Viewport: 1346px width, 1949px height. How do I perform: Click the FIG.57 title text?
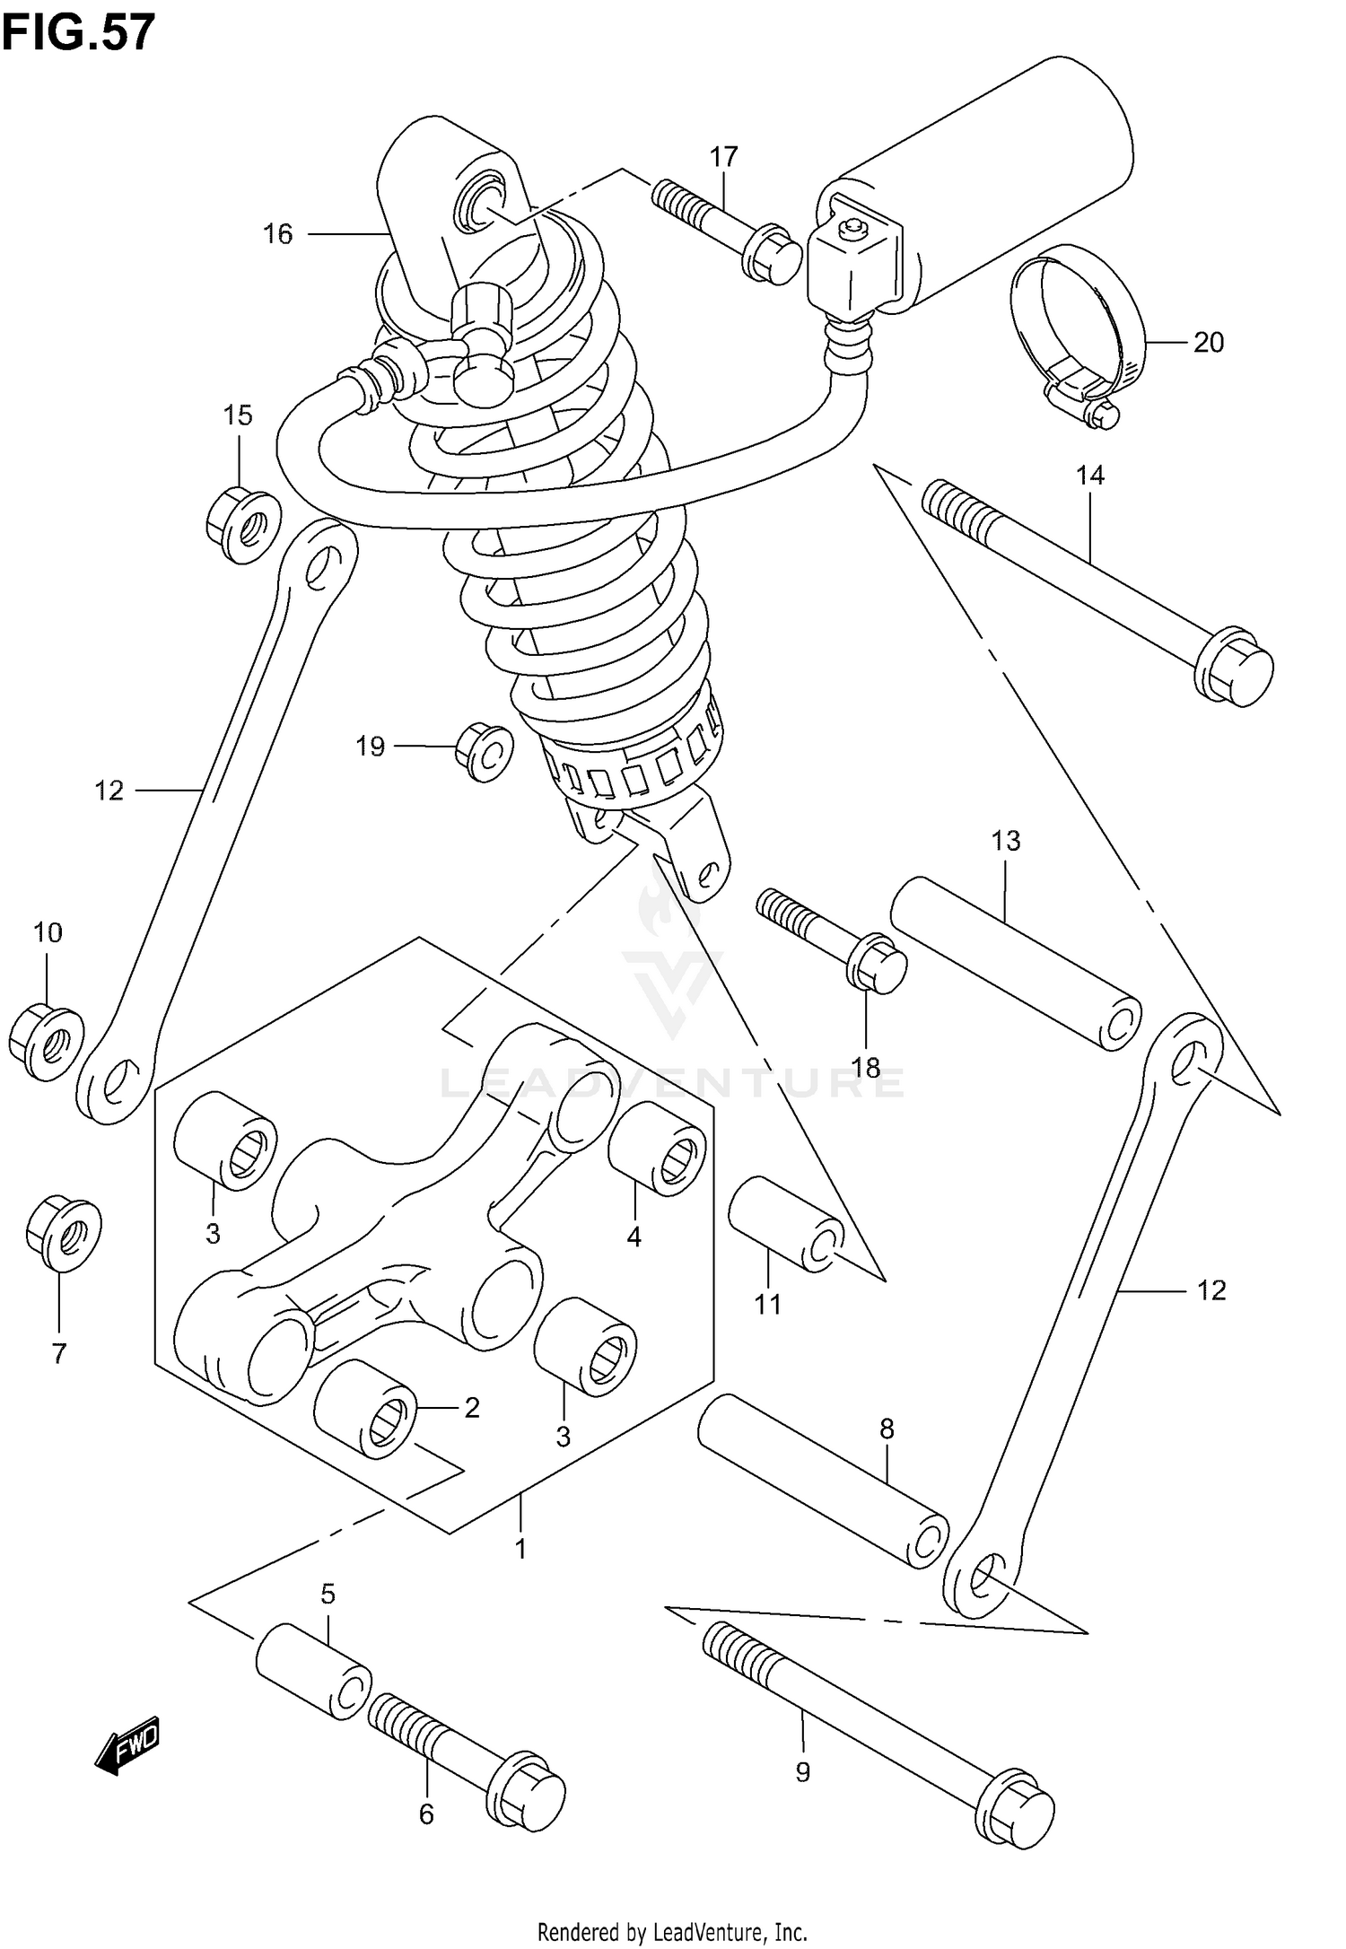pos(78,33)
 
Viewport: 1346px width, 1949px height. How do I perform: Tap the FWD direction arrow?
pos(127,1744)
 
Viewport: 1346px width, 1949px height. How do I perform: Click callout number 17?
pos(723,157)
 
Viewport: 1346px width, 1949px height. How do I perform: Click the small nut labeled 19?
pos(484,750)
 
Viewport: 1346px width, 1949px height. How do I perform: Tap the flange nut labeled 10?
pos(47,1044)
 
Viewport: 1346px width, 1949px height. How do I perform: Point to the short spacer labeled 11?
pos(784,1225)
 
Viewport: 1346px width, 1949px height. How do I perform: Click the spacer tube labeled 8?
pos(821,1480)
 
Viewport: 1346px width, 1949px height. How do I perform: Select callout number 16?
pos(277,234)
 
